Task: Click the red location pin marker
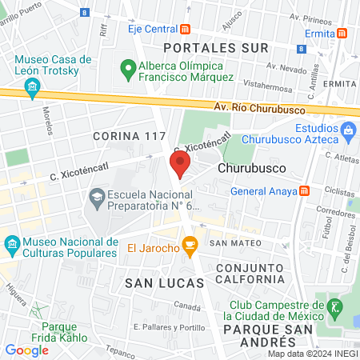pyautogui.click(x=179, y=166)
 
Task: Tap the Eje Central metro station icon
pyautogui.click(x=186, y=29)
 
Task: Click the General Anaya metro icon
pyautogui.click(x=304, y=191)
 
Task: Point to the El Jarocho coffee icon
pyautogui.click(x=190, y=247)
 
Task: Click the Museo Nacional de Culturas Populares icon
pyautogui.click(x=12, y=242)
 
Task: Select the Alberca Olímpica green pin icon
pyautogui.click(x=126, y=70)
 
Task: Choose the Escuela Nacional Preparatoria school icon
pyautogui.click(x=96, y=197)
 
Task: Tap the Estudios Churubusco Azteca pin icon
pyautogui.click(x=347, y=129)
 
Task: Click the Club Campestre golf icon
pyautogui.click(x=333, y=306)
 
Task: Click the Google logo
pyautogui.click(x=26, y=350)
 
